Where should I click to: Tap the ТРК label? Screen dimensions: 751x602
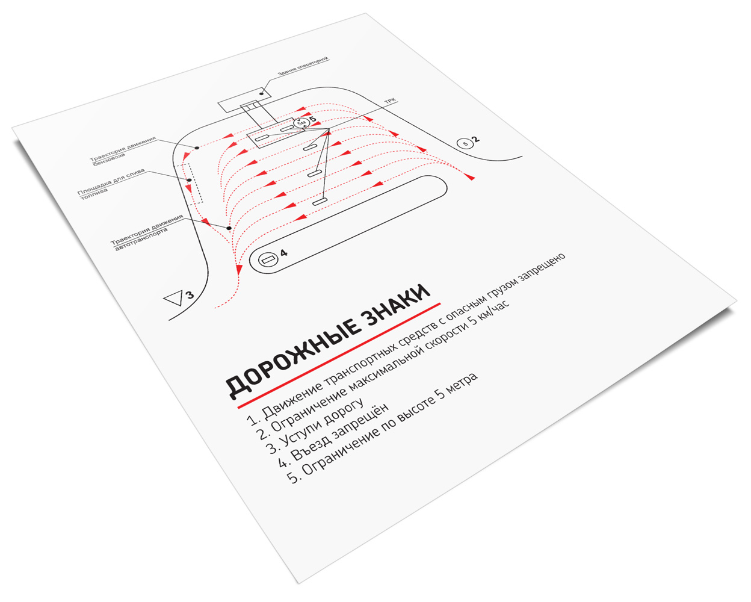390,101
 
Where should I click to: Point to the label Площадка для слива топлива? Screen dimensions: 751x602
110,184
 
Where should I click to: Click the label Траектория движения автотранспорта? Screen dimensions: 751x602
147,232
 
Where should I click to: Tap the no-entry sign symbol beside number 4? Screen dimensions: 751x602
268,259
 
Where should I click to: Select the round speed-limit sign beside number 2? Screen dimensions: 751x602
465,143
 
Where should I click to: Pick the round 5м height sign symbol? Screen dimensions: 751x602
301,123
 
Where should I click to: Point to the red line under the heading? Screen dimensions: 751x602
339,355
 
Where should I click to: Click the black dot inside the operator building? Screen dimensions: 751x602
261,94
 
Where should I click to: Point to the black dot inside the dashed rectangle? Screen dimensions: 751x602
190,180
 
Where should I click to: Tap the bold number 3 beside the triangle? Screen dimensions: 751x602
190,295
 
